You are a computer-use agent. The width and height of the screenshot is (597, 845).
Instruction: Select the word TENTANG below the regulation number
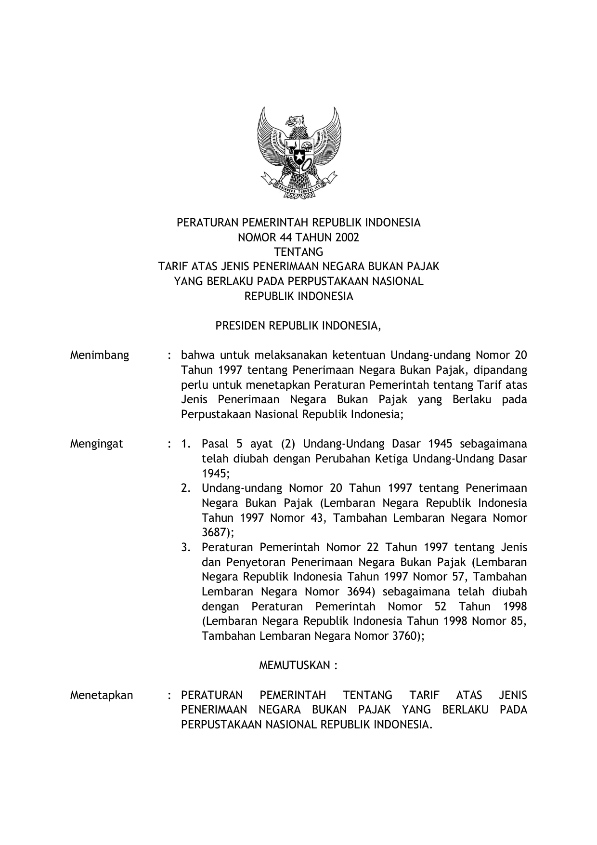[298, 252]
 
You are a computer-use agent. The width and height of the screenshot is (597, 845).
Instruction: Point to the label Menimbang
[100, 356]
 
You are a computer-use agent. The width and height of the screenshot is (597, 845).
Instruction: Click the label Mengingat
[96, 444]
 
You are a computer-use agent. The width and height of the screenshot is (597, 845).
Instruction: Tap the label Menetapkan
[102, 695]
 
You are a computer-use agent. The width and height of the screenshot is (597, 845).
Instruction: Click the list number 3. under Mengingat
[186, 547]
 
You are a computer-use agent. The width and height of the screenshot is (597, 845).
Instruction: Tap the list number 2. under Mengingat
[186, 488]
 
